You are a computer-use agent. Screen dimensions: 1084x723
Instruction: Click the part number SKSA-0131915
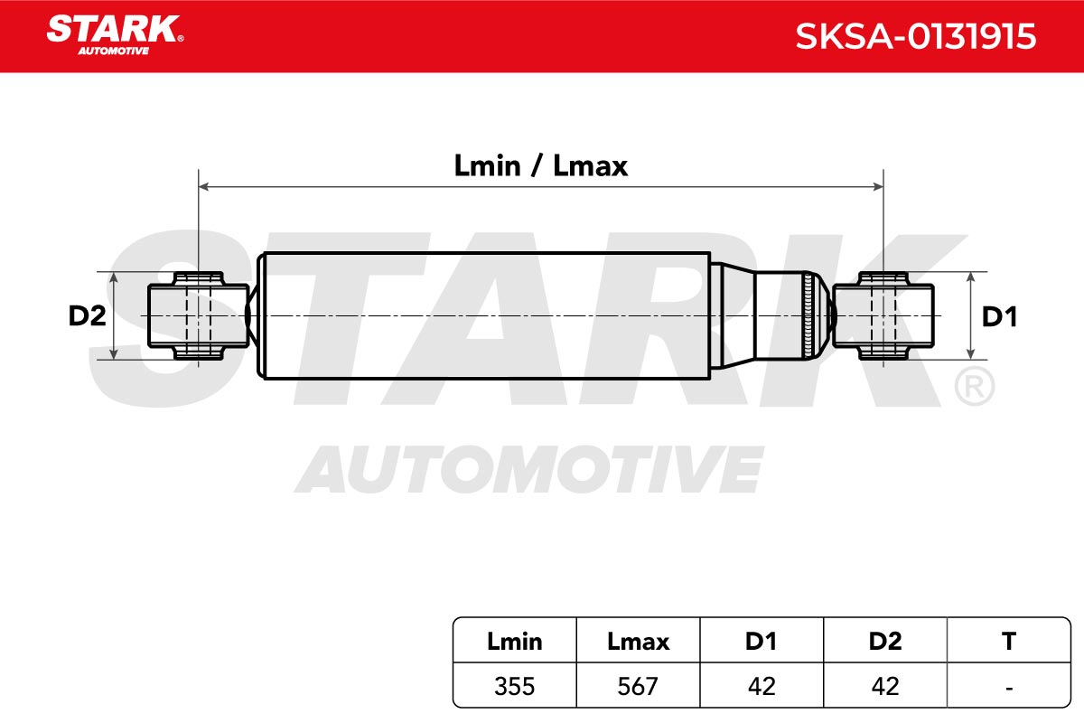(916, 36)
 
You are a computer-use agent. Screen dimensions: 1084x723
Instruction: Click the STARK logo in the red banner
(115, 34)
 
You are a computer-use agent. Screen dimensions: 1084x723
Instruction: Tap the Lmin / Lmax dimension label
(540, 166)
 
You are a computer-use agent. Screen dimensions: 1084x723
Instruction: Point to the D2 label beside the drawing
(87, 315)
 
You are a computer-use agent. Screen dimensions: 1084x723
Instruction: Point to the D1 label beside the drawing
(999, 316)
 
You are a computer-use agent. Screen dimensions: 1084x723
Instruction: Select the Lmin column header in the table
(514, 642)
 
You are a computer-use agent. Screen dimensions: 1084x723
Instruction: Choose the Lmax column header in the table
(638, 642)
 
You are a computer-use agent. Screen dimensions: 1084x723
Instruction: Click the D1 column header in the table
(762, 642)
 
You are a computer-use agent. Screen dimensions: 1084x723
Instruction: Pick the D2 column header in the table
(885, 642)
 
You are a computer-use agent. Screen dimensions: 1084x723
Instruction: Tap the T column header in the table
(1009, 642)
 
